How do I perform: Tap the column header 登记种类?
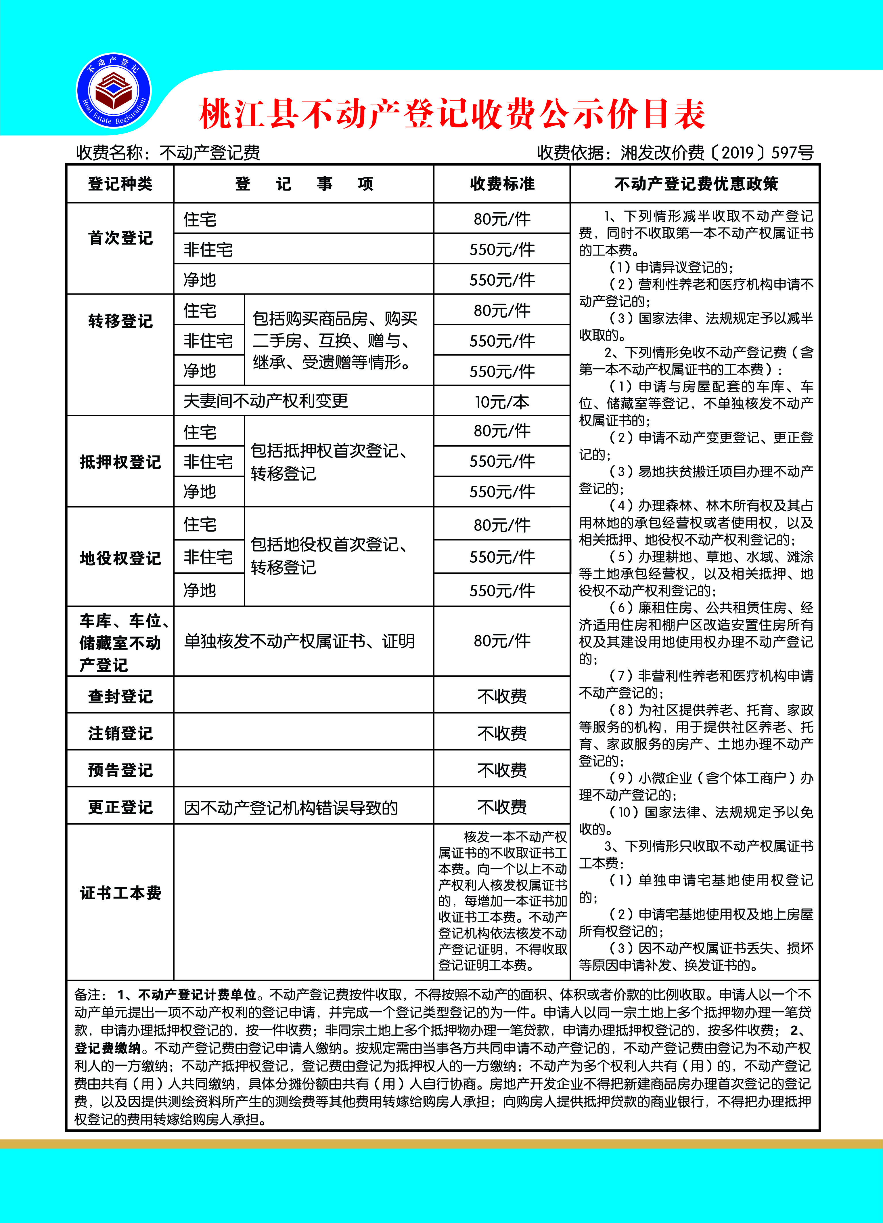[x=120, y=184]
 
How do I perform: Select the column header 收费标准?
[x=502, y=184]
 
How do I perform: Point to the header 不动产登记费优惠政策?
[x=696, y=184]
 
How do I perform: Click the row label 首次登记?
[x=120, y=238]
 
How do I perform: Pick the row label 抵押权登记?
[x=120, y=461]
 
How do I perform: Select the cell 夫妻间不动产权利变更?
[x=266, y=401]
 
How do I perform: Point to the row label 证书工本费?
[x=120, y=893]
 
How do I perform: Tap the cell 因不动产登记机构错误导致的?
[x=291, y=807]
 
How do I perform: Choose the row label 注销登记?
[x=120, y=733]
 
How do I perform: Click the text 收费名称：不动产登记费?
[x=168, y=152]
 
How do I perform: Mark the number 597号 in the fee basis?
[x=792, y=152]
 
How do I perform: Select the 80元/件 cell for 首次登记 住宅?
[x=502, y=219]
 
